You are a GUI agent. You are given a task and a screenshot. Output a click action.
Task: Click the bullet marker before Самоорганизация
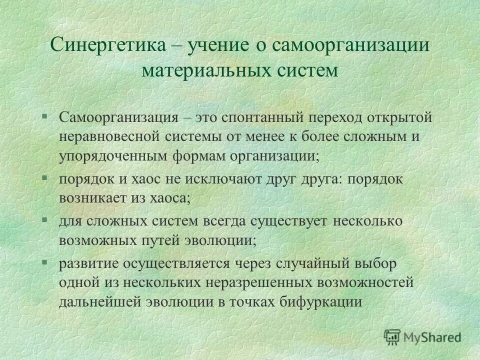[44, 116]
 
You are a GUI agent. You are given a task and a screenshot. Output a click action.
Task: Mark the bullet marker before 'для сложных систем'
[44, 219]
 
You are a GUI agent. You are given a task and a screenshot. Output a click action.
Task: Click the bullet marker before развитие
[44, 261]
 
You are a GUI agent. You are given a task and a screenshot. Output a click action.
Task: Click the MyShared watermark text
[433, 337]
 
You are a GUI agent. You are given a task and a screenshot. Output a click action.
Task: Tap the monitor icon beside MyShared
[392, 337]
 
